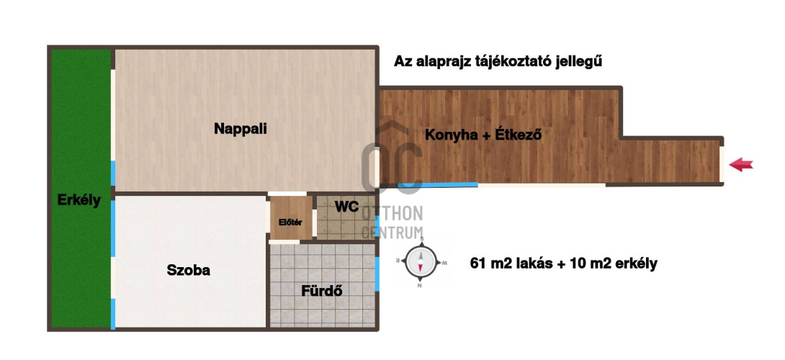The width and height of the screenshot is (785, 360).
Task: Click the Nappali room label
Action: click(x=241, y=129)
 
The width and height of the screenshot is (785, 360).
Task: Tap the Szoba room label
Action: click(x=188, y=271)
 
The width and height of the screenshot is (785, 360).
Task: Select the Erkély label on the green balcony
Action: click(x=79, y=200)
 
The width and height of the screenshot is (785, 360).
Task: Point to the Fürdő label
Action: click(x=321, y=290)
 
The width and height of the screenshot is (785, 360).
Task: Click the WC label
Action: click(x=346, y=207)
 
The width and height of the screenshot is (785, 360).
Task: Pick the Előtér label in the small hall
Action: click(x=290, y=222)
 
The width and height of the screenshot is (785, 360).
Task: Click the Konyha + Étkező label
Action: click(x=483, y=135)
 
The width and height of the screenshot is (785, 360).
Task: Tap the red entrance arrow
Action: click(x=741, y=164)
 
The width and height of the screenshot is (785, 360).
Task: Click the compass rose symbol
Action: click(x=421, y=262)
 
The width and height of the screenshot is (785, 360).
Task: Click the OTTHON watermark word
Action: click(x=392, y=214)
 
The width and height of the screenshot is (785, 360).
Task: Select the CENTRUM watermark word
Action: click(x=392, y=233)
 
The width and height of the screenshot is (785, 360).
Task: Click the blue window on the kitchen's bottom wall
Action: click(x=438, y=185)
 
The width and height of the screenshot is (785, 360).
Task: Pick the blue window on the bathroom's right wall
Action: click(x=377, y=274)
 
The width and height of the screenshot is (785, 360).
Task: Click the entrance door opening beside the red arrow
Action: click(x=722, y=164)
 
